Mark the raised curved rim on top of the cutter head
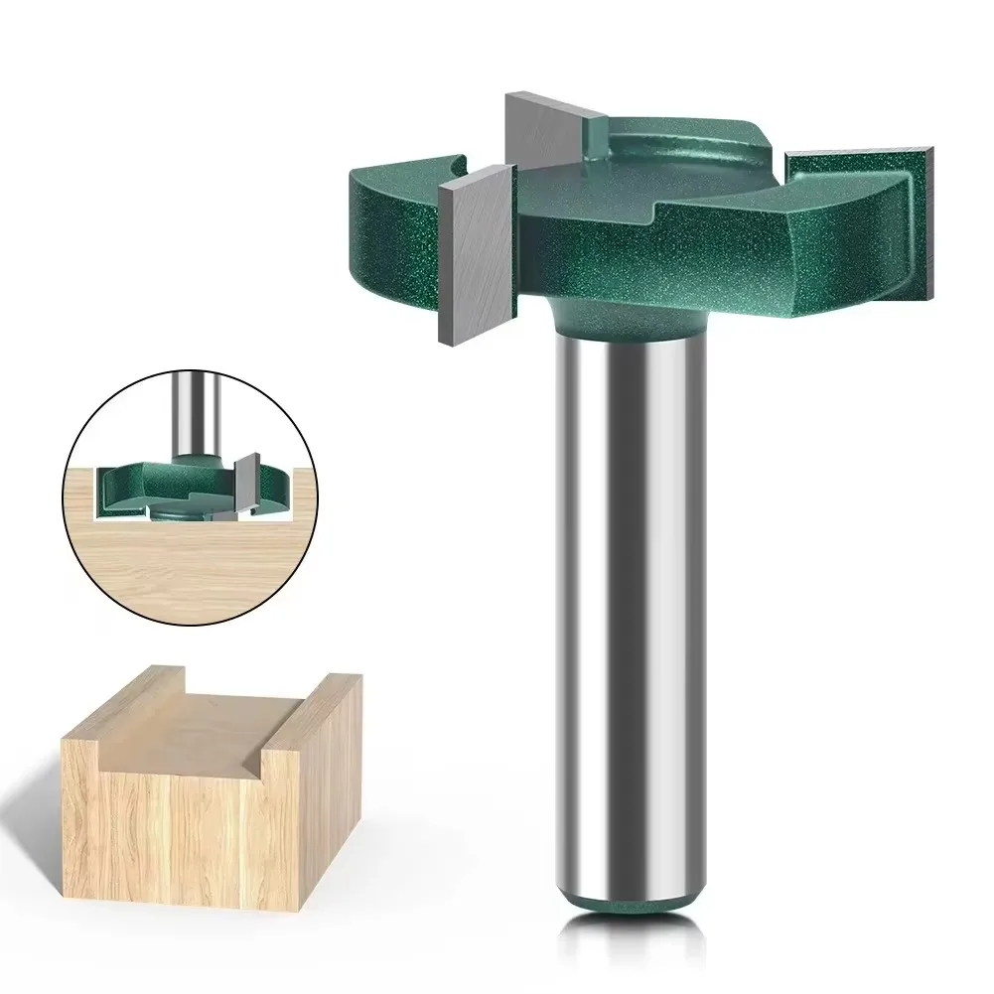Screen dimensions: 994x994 coord(685,149)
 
